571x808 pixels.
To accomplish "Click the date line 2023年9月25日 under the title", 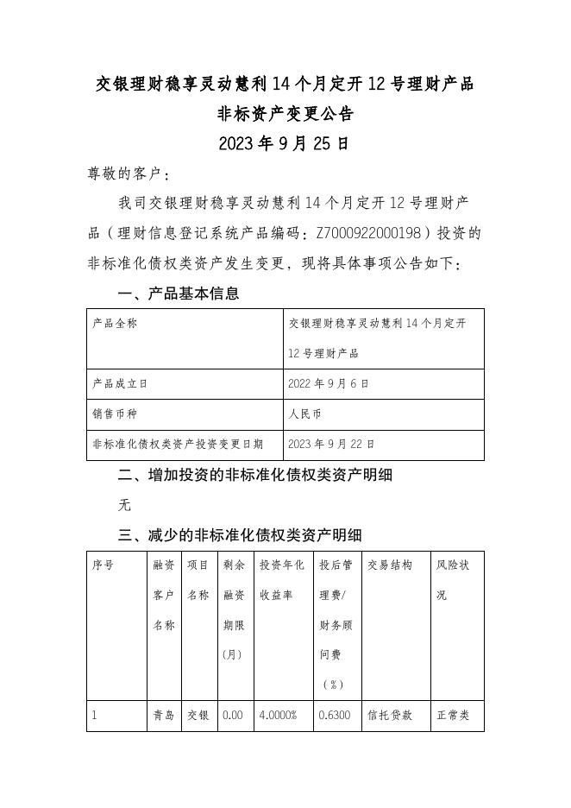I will coord(284,143).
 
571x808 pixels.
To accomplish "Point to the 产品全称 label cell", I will coord(115,323).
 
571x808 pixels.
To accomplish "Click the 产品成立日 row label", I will coord(120,383).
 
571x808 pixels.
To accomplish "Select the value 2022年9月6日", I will coord(329,383).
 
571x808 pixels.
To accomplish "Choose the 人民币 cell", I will coord(305,414).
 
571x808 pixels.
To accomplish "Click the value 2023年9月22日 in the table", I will coord(332,444).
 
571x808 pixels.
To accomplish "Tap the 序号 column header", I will coord(104,565).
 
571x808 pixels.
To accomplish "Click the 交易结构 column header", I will coord(390,565).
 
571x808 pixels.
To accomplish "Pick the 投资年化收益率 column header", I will coord(282,580).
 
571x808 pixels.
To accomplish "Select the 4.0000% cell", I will coord(278,716).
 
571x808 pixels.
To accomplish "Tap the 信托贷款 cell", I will coord(390,716).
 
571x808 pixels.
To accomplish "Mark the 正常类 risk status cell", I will coord(453,716).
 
